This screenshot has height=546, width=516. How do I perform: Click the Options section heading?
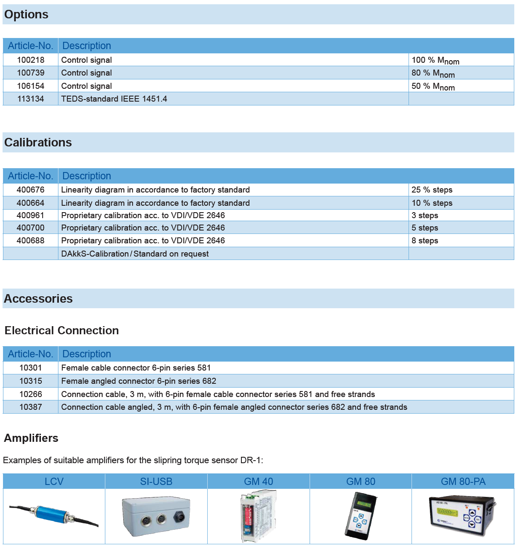pos(26,15)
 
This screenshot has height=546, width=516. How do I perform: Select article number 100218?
pos(31,60)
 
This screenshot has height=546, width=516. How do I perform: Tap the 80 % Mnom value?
pos(433,73)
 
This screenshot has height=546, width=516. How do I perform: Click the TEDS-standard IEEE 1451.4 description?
pos(114,99)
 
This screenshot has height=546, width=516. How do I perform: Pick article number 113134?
pos(31,99)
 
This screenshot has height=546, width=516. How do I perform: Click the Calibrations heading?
pos(38,143)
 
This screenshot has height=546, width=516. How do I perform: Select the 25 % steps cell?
pos(432,190)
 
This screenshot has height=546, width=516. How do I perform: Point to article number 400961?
pos(31,216)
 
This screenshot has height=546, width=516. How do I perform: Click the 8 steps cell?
pos(425,241)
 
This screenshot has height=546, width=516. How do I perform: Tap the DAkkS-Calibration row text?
pos(135,254)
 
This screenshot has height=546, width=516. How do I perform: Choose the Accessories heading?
pos(38,299)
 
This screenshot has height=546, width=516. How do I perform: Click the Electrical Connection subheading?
pos(62,331)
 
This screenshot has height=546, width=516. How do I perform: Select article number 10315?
pos(31,381)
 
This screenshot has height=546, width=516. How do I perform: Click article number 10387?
pos(31,407)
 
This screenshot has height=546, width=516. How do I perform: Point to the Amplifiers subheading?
pos(31,438)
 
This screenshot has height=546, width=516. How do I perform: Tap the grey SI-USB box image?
pos(156,516)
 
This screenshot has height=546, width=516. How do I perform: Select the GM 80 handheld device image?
pos(361,516)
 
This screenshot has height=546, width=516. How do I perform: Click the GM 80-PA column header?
pos(463,482)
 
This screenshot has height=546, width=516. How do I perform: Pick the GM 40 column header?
pos(258,482)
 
